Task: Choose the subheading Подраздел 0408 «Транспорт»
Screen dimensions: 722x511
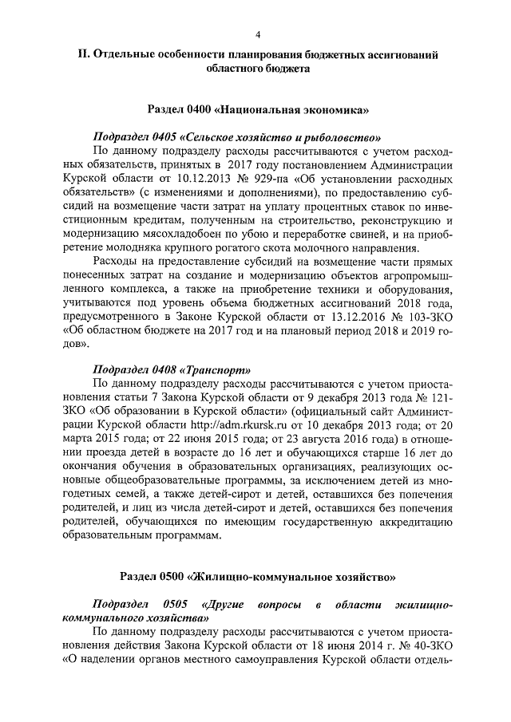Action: (x=171, y=369)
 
